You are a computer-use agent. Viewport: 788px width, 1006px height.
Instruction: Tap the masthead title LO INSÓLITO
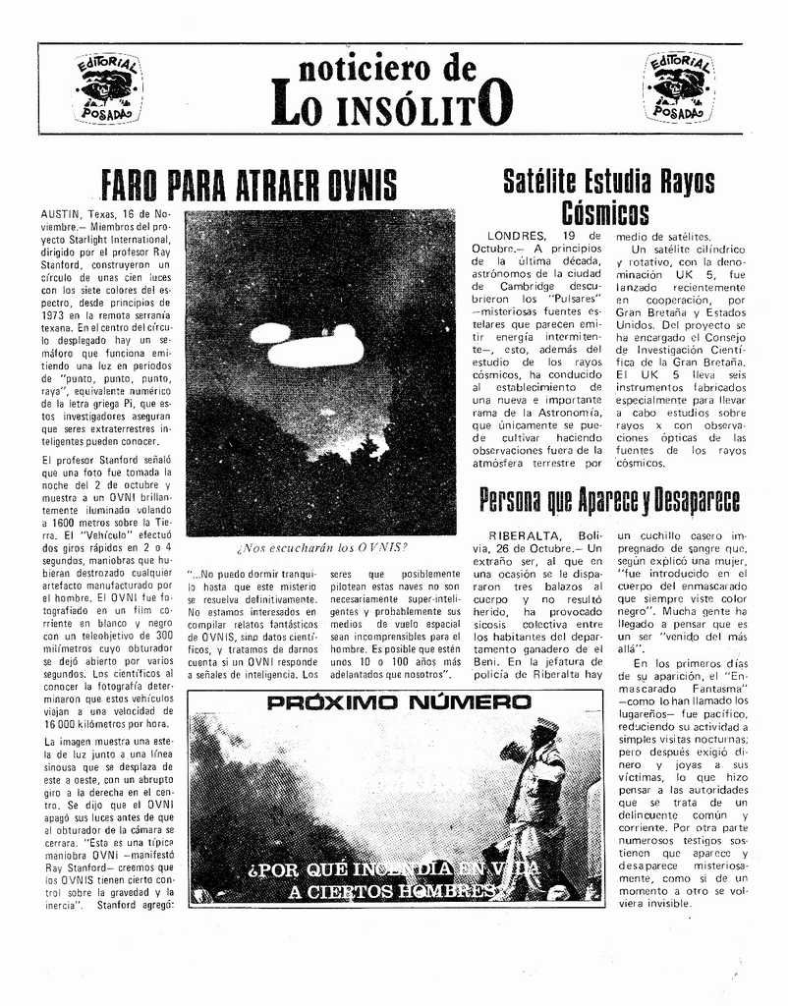[392, 105]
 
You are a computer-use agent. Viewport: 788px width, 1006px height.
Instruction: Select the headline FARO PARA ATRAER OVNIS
[250, 185]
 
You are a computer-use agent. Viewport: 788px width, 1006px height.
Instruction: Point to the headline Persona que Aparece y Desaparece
[609, 499]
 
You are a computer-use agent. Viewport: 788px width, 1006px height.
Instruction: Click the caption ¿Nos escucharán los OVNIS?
[321, 547]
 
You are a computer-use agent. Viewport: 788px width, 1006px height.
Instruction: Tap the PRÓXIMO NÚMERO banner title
[399, 703]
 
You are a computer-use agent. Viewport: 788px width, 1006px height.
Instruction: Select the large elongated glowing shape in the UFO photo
[316, 349]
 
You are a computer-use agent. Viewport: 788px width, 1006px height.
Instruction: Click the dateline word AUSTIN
[61, 214]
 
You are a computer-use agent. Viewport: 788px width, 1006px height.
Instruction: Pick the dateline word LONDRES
[517, 236]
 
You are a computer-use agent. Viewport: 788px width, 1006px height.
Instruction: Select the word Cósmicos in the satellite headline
[605, 213]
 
